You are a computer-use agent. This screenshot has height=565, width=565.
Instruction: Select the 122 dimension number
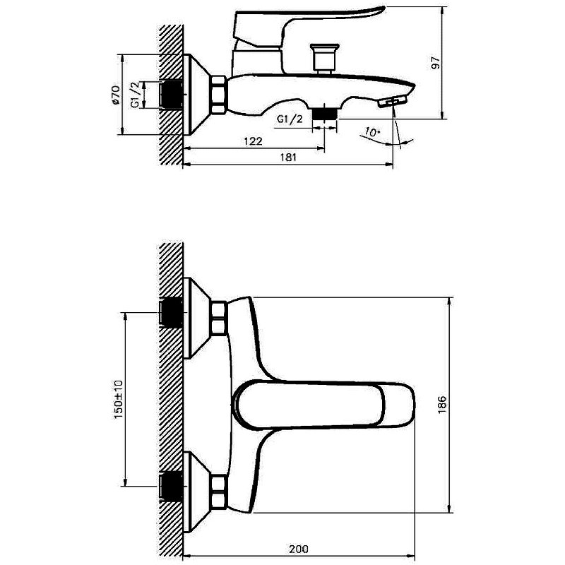click(x=253, y=141)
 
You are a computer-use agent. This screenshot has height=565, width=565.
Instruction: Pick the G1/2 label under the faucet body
click(x=290, y=119)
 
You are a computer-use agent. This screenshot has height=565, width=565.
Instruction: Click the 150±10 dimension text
click(x=118, y=399)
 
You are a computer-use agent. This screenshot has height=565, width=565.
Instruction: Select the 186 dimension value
click(x=441, y=404)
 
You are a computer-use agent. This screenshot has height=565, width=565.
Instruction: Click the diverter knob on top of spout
click(x=325, y=56)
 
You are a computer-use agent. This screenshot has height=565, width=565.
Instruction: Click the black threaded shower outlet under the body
click(x=324, y=112)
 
